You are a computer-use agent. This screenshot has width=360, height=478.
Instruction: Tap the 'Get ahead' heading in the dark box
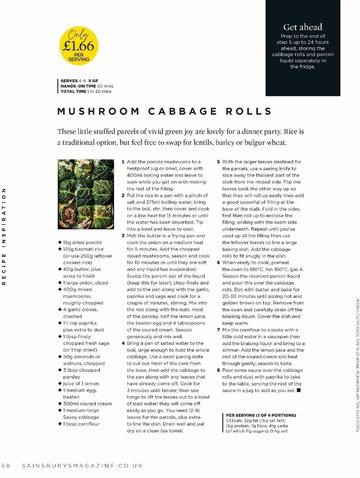pyautogui.click(x=303, y=27)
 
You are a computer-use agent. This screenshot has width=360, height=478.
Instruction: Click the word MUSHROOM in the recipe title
pyautogui.click(x=99, y=111)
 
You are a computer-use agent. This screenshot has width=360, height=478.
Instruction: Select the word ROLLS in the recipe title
pyautogui.click(x=249, y=111)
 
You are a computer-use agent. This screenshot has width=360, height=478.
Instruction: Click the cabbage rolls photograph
pyautogui.click(x=86, y=194)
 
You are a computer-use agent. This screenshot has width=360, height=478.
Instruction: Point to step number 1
pyautogui.click(x=123, y=162)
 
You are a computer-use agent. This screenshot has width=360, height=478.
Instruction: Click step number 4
pyautogui.click(x=123, y=343)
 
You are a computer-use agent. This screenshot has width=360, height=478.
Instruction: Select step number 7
pyautogui.click(x=218, y=330)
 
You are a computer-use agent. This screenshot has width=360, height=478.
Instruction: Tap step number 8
pyautogui.click(x=218, y=370)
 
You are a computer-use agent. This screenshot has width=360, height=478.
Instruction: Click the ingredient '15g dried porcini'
pyautogui.click(x=82, y=243)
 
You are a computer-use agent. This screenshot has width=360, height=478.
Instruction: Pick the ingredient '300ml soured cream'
pyautogui.click(x=87, y=404)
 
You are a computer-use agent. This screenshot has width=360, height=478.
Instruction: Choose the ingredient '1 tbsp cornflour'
pyautogui.click(x=81, y=424)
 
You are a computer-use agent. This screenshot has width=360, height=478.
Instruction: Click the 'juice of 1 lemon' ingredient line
pyautogui.click(x=81, y=384)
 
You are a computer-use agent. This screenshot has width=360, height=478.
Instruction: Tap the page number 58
pyautogui.click(x=6, y=466)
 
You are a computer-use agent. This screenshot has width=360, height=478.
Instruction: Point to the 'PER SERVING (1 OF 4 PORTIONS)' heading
pyautogui.click(x=261, y=415)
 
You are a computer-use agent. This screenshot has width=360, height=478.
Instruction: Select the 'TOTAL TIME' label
pyautogui.click(x=73, y=91)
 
